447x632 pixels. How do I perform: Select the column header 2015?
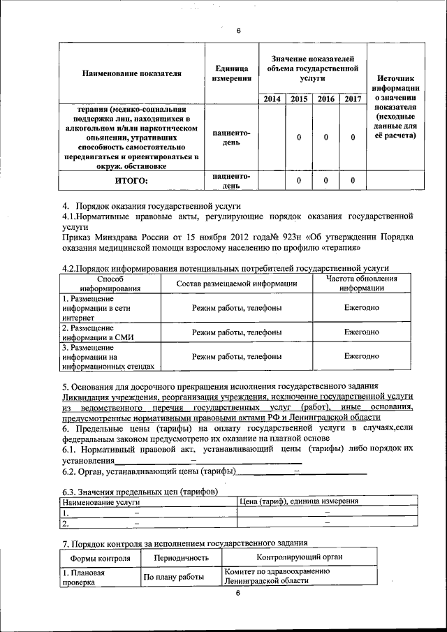tap(299, 98)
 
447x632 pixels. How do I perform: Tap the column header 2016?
tap(325, 98)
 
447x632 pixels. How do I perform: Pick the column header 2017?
tap(352, 98)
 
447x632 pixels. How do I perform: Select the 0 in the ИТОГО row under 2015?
tap(299, 181)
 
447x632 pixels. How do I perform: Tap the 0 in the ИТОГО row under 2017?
tap(352, 181)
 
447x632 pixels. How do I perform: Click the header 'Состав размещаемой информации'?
tap(237, 283)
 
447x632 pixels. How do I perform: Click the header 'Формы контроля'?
tap(100, 558)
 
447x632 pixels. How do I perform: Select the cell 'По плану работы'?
tap(174, 577)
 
